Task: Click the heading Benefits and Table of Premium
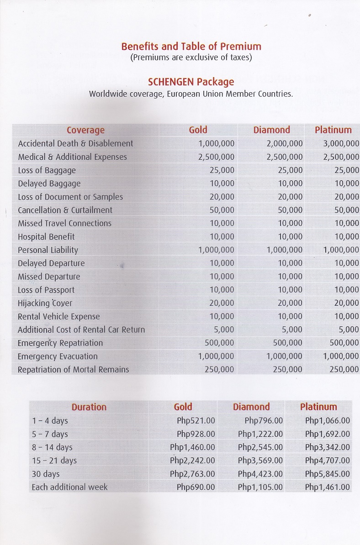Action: tap(191, 47)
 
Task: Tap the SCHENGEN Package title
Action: tap(191, 82)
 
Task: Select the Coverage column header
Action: tap(85, 130)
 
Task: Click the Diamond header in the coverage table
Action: tap(271, 130)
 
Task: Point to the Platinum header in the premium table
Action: tap(318, 407)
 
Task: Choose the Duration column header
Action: tap(89, 407)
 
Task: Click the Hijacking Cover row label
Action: tap(45, 303)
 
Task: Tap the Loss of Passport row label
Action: tap(46, 290)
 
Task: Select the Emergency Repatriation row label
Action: tap(60, 343)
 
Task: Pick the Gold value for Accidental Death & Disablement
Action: tap(217, 143)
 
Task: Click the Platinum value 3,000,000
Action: tap(341, 143)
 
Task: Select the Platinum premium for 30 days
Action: tap(327, 474)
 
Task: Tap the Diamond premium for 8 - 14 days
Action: tap(260, 447)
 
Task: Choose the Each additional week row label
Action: tap(69, 487)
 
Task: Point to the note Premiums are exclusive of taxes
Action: tap(191, 58)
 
